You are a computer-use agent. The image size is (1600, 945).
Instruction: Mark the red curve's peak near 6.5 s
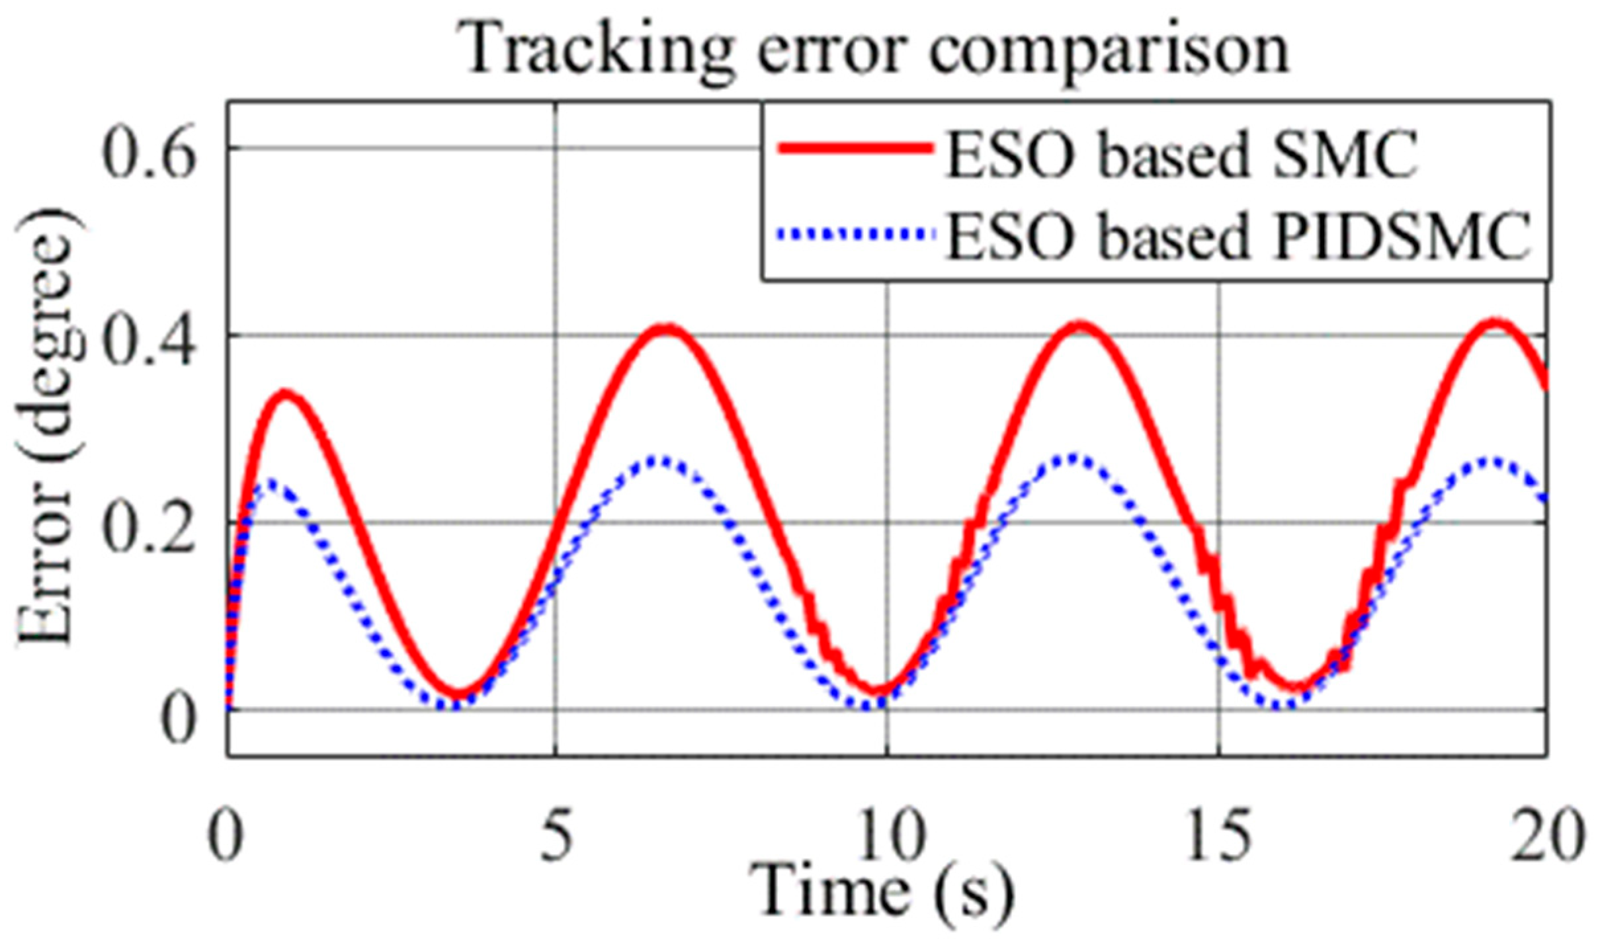tap(668, 329)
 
